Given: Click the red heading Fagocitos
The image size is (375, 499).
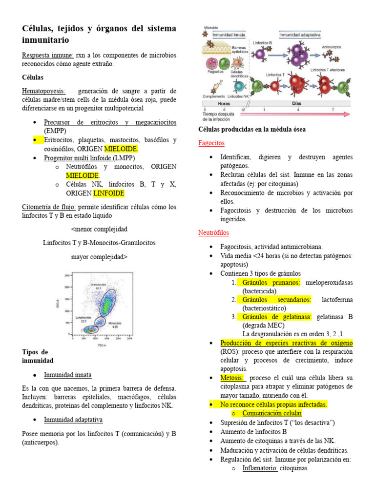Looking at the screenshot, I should (x=211, y=143).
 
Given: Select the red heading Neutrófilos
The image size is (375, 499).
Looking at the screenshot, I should (x=213, y=233).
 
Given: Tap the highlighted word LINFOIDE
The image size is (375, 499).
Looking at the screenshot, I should (x=109, y=193).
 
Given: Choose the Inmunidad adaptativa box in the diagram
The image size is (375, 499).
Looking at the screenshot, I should (x=300, y=35).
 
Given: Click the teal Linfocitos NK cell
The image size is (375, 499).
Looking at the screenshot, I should (x=239, y=86).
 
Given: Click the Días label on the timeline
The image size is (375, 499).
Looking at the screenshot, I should (x=296, y=103).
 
